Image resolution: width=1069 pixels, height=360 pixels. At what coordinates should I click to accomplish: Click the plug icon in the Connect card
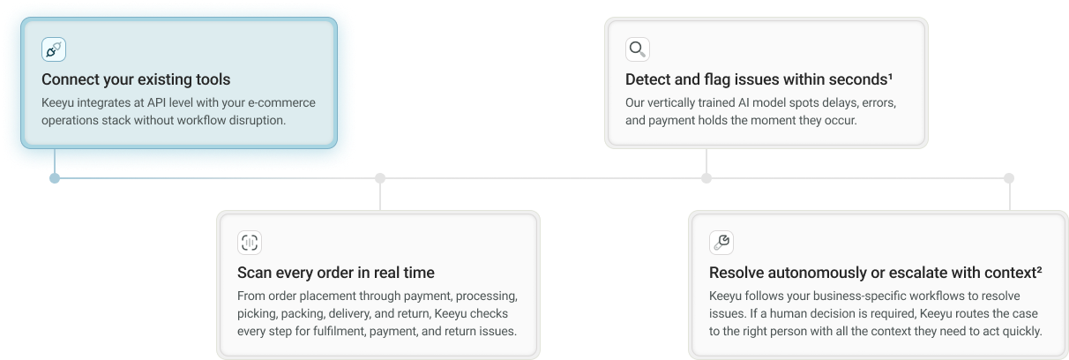pyautogui.click(x=54, y=49)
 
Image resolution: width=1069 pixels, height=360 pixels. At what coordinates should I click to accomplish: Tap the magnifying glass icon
pyautogui.click(x=637, y=49)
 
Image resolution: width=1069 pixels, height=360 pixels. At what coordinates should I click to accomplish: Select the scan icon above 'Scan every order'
pyautogui.click(x=250, y=243)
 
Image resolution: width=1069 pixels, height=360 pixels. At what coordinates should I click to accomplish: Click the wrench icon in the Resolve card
pyautogui.click(x=721, y=243)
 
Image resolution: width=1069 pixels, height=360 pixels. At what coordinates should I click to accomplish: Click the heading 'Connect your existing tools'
pyautogui.click(x=136, y=80)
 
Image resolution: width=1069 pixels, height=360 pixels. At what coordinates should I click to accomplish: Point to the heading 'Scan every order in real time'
pyautogui.click(x=336, y=273)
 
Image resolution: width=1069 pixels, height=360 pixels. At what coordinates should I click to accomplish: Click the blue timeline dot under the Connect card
pyautogui.click(x=55, y=178)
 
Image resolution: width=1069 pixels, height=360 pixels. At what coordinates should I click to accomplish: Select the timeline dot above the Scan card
pyautogui.click(x=380, y=178)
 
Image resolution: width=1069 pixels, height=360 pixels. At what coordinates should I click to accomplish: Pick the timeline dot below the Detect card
pyautogui.click(x=706, y=178)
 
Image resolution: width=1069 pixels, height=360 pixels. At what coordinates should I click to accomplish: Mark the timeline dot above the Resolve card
pyautogui.click(x=1009, y=178)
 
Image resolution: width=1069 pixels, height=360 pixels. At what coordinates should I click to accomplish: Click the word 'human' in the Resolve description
pyautogui.click(x=802, y=313)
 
